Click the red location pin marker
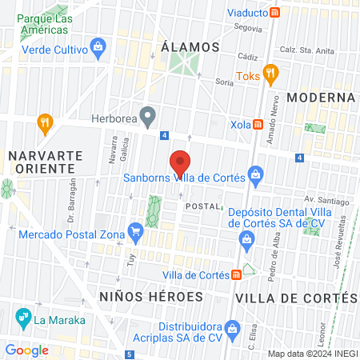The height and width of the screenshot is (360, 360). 181,163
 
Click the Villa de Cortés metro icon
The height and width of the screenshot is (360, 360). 237,275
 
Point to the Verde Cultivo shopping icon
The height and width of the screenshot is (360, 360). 98,46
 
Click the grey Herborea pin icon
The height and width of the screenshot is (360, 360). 147,117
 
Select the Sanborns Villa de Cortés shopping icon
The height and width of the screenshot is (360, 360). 255,173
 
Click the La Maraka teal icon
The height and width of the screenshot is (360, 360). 21,322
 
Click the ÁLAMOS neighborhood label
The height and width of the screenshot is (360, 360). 190,47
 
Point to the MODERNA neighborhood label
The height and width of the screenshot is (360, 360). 321,98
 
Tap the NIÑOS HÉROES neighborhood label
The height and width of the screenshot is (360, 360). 151,297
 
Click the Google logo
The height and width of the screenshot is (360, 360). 27,350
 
